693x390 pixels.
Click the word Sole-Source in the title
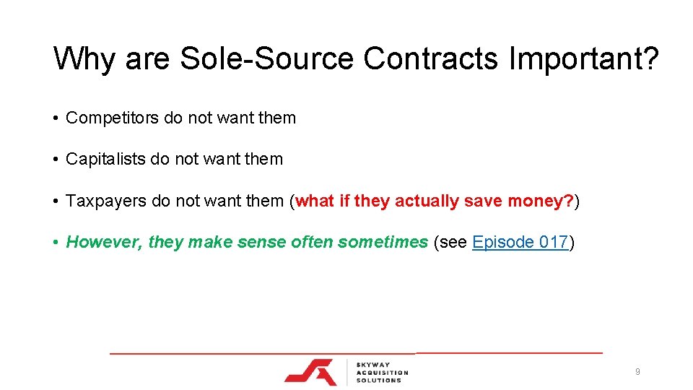[x=266, y=59]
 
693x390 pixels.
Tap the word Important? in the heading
[x=584, y=59]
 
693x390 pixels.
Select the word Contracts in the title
[x=431, y=59]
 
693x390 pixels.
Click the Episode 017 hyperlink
[x=520, y=242]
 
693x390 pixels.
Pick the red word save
[x=481, y=201]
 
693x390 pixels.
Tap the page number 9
[x=637, y=372]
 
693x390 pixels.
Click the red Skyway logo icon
[x=310, y=370]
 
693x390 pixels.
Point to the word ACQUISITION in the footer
[x=382, y=372]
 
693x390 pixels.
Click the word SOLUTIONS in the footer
[x=378, y=380]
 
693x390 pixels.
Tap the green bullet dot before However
[x=56, y=242]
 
